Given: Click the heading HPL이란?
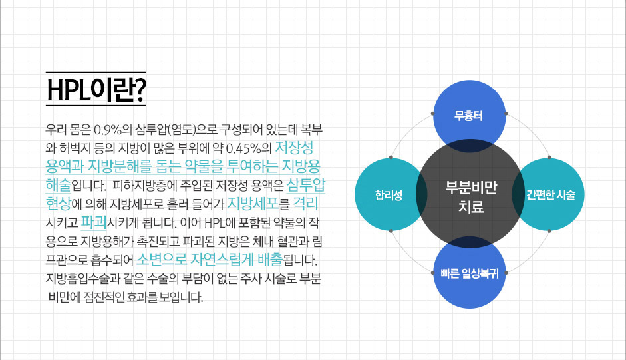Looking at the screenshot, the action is tap(96, 89).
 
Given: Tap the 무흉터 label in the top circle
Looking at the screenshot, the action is tap(469, 116).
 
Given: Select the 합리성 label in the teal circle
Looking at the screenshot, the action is tap(389, 195).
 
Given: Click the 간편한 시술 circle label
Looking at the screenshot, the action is tap(551, 194).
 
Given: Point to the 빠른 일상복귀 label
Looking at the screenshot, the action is tap(470, 273).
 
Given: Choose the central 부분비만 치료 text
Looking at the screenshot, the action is tap(471, 196).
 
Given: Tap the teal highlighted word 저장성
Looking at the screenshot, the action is tap(294, 148).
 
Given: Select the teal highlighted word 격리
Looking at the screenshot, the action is tap(305, 204).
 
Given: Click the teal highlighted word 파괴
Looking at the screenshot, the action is tap(93, 222).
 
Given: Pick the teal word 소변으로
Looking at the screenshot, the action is tap(162, 260).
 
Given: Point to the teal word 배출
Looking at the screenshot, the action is tap(270, 260).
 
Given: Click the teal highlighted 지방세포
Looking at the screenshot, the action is tap(253, 204).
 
